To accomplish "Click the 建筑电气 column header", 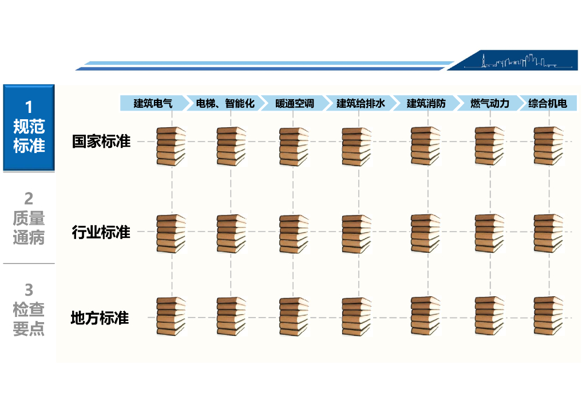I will pyautogui.click(x=153, y=103).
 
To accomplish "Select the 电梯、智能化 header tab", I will pyautogui.click(x=225, y=103).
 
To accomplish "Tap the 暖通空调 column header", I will pyautogui.click(x=294, y=103).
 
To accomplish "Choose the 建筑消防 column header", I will pyautogui.click(x=426, y=103).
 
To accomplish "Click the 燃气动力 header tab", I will pyautogui.click(x=489, y=103).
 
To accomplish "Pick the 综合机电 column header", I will pyautogui.click(x=548, y=103).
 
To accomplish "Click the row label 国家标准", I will pyautogui.click(x=101, y=141).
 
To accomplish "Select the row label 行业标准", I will pyautogui.click(x=101, y=232).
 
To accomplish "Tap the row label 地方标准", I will pyautogui.click(x=100, y=318).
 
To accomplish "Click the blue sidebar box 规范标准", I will pyautogui.click(x=29, y=127).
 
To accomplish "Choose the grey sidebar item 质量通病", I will pyautogui.click(x=29, y=218).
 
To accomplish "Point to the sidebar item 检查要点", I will pyautogui.click(x=29, y=310).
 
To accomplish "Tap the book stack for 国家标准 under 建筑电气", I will pyautogui.click(x=172, y=146).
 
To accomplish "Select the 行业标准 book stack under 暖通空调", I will pyautogui.click(x=294, y=233).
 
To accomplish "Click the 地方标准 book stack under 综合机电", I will pyautogui.click(x=548, y=315).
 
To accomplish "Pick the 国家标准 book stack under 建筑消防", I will pyautogui.click(x=426, y=146).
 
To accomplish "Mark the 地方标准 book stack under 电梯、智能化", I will pyautogui.click(x=231, y=315).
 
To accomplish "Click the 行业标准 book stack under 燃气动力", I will pyautogui.click(x=489, y=233).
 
